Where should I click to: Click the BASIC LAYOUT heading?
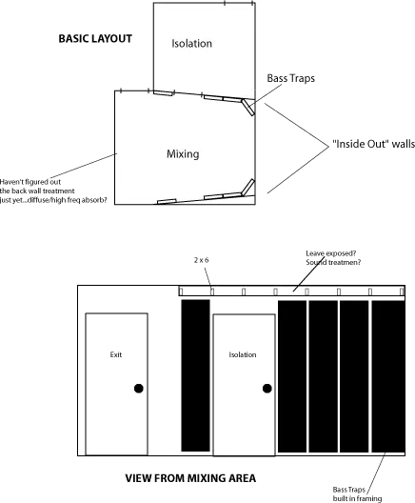point(95,39)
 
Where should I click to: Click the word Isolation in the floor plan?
point(191,43)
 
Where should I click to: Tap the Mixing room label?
point(183,154)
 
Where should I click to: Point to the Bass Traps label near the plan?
point(290,78)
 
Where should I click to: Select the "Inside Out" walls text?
point(373,144)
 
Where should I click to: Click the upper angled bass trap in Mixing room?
point(248,107)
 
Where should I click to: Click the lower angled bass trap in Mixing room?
point(248,187)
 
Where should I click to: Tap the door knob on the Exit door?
point(138,389)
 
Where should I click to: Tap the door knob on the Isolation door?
point(267,389)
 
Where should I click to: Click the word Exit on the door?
point(116,354)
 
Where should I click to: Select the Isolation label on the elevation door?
point(243,354)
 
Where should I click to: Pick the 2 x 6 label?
point(201,260)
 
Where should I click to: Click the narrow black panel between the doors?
point(195,375)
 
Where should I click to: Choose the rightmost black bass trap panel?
point(388,376)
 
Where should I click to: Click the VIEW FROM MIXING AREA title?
point(190,478)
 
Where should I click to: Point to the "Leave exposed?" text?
point(330,253)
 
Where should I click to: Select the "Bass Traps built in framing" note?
point(357,494)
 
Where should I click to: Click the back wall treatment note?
point(53,191)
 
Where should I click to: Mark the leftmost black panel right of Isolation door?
point(292,376)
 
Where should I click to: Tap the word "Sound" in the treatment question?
point(316,262)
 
